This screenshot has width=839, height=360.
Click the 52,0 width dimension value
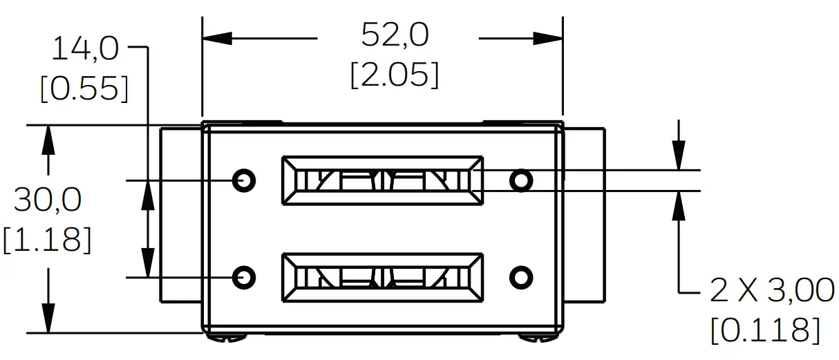[x=395, y=35]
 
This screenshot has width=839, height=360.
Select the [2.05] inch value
[x=395, y=75]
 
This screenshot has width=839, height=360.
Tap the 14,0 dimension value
[x=86, y=50]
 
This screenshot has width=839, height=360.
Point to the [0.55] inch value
[x=84, y=89]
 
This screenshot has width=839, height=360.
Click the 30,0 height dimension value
[x=48, y=200]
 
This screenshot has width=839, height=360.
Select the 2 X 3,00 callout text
[x=772, y=291]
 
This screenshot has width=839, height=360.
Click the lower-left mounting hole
[x=244, y=277]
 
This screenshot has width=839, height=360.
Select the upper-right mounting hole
[x=521, y=180]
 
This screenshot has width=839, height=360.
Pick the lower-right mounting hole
[x=521, y=277]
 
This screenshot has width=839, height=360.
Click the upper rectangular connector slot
[x=382, y=180]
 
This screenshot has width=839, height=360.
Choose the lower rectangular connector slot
[x=382, y=277]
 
